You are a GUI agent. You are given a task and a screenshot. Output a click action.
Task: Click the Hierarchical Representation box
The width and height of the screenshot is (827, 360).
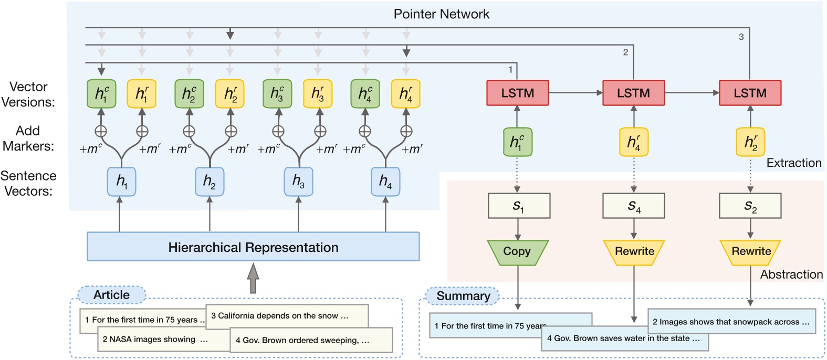tap(253, 247)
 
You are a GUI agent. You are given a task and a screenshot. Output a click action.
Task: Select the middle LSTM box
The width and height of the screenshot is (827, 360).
tap(633, 93)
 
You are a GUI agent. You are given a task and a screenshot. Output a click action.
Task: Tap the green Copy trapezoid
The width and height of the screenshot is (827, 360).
tap(517, 252)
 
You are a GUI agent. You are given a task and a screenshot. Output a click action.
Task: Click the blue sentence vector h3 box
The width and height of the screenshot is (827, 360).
tap(298, 182)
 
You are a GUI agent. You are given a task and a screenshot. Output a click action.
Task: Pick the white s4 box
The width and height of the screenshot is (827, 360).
tap(633, 206)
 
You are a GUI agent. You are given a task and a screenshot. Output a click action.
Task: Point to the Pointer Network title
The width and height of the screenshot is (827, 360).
tap(441, 14)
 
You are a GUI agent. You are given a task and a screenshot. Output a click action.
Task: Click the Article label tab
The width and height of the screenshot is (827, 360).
tap(111, 295)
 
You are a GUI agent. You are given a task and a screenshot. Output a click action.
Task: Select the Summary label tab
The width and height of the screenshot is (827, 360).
tap(463, 296)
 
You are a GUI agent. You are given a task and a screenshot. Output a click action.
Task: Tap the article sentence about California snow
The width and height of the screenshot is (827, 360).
tap(286, 316)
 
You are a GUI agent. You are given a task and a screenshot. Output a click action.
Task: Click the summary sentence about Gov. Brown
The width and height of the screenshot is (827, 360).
tap(623, 339)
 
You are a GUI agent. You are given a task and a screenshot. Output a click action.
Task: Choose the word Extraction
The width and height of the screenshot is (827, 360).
tap(793, 163)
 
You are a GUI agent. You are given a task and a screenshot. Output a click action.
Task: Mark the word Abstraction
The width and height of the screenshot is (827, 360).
tap(791, 274)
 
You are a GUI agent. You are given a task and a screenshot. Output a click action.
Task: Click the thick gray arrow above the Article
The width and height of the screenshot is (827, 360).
tap(253, 278)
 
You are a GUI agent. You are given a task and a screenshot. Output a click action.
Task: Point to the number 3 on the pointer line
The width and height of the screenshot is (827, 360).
tap(741, 37)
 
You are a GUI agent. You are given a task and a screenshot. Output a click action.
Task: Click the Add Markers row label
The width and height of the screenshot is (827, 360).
tap(28, 138)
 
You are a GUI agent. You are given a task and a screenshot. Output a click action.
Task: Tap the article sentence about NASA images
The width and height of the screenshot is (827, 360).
tap(155, 340)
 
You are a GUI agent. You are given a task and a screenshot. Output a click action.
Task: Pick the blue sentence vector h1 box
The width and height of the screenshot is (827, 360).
tap(121, 182)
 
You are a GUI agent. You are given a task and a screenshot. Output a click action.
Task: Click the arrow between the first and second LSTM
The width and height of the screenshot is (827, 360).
tap(575, 93)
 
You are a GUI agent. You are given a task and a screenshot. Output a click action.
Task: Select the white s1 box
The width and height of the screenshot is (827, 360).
tap(519, 206)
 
